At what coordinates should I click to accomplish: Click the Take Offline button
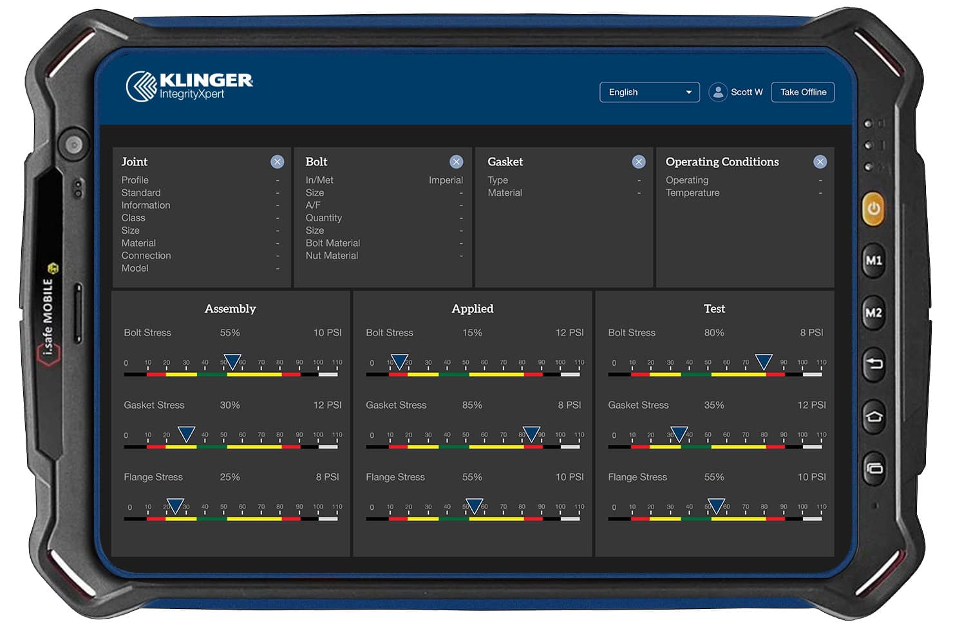[x=802, y=92]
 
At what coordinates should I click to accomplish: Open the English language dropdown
[x=649, y=92]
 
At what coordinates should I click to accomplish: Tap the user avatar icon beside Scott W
[x=718, y=92]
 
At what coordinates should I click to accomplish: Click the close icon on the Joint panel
[x=277, y=162]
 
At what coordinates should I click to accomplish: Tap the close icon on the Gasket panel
[x=638, y=162]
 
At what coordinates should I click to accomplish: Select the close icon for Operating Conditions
[x=820, y=162]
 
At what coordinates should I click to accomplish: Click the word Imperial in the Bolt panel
[x=446, y=180]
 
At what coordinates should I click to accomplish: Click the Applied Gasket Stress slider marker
[x=531, y=434]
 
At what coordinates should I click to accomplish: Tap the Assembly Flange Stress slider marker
[x=175, y=506]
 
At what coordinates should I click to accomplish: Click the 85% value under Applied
[x=472, y=405]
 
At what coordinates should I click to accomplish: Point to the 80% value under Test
[x=714, y=333]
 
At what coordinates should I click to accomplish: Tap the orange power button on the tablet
[x=873, y=209]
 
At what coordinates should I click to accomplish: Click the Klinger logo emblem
[x=141, y=86]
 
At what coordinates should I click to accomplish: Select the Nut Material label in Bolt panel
[x=332, y=256]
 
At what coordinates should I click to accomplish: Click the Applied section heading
[x=473, y=309]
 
